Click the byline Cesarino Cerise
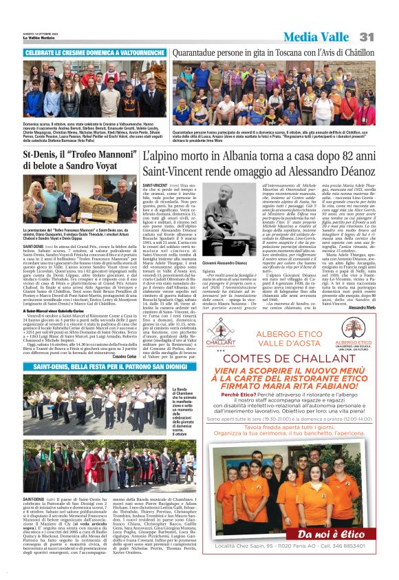point(116,355)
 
